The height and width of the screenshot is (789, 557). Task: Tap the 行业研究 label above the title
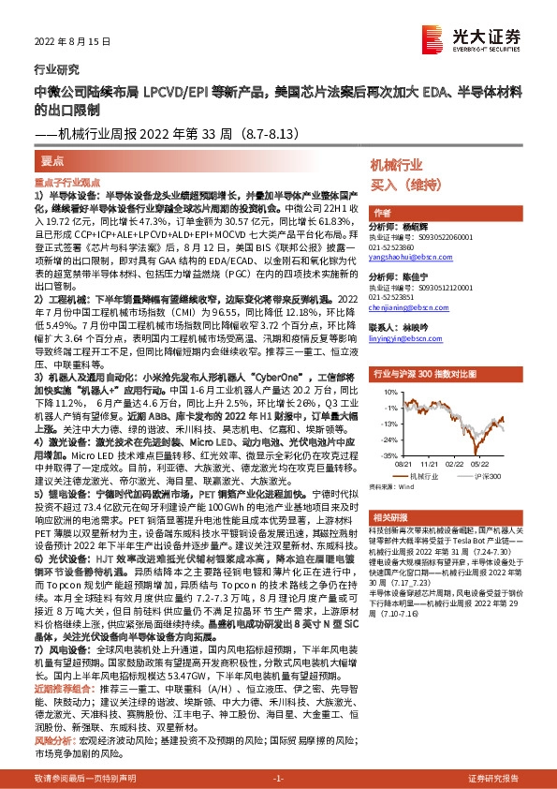pos(51,69)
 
